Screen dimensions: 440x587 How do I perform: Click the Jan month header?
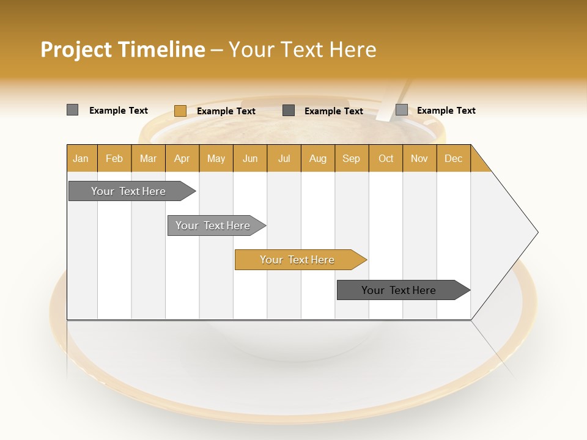click(x=81, y=159)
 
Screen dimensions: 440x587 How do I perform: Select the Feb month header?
click(x=114, y=159)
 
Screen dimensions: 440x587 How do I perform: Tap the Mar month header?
click(x=148, y=159)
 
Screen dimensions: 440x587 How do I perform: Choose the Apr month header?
click(x=182, y=159)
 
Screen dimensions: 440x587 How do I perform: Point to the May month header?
click(x=216, y=159)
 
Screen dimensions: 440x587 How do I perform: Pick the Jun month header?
click(x=250, y=159)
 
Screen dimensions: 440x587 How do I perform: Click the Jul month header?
click(x=284, y=159)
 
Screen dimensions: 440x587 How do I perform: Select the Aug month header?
click(x=317, y=159)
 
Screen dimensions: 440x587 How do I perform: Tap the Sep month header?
click(x=351, y=159)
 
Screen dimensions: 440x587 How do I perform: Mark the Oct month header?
click(x=386, y=159)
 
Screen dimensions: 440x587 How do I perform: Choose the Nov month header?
click(x=419, y=159)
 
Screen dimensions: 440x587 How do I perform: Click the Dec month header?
click(x=453, y=159)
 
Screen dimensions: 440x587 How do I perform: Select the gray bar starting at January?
click(x=129, y=191)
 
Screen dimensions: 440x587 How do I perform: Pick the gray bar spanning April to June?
click(x=213, y=226)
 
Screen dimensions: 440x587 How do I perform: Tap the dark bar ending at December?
click(x=399, y=290)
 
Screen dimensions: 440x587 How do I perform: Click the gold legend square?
click(x=180, y=111)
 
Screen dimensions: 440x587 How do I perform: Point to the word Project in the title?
click(x=76, y=50)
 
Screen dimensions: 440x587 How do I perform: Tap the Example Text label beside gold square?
click(x=226, y=111)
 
